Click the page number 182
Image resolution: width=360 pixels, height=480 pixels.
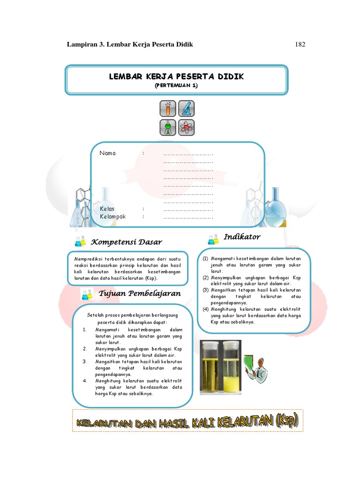click(x=300, y=45)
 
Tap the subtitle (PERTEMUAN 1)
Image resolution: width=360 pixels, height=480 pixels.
click(x=177, y=85)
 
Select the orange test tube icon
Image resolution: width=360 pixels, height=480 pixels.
click(x=168, y=109)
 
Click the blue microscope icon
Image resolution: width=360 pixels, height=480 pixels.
click(x=186, y=109)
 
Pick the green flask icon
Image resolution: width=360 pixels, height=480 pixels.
click(x=168, y=127)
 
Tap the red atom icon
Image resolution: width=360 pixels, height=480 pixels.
click(x=186, y=127)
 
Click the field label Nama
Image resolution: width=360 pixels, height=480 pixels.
click(x=107, y=153)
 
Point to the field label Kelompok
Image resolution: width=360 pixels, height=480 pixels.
click(x=113, y=217)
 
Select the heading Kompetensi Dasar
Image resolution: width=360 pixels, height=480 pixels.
click(x=126, y=242)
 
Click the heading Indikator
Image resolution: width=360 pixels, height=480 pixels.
click(x=242, y=237)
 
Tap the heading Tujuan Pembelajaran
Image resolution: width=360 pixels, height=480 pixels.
click(x=140, y=293)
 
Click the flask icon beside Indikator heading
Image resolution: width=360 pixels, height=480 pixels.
click(x=213, y=240)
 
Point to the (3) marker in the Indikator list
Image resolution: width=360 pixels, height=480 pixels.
click(x=205, y=290)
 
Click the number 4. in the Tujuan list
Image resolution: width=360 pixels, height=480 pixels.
click(x=85, y=381)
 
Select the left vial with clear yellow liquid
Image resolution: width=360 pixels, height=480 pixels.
click(x=209, y=367)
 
